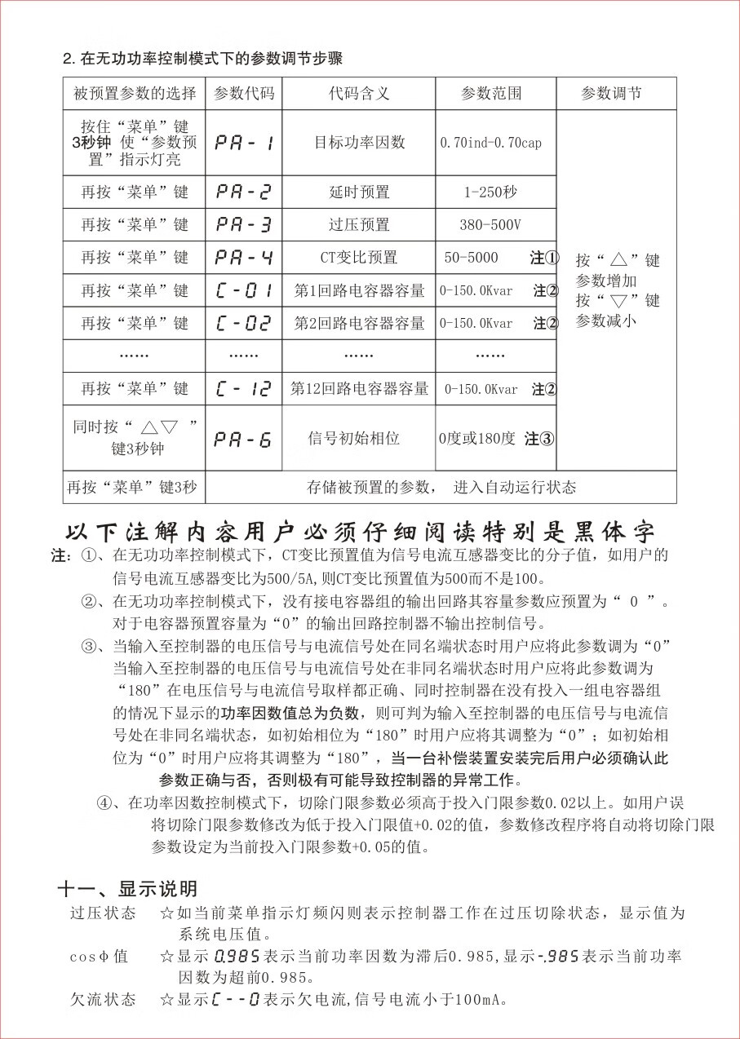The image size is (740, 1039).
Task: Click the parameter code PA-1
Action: click(x=243, y=143)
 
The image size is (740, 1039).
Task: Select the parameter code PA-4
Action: click(x=243, y=258)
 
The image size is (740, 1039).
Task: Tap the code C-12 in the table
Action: click(x=243, y=389)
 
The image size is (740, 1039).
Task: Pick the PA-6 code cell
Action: click(x=243, y=439)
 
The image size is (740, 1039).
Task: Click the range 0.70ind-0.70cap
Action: click(x=490, y=143)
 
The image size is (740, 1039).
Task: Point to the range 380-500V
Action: click(x=490, y=225)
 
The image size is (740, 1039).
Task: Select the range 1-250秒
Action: click(x=490, y=192)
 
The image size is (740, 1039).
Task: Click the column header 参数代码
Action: click(x=244, y=93)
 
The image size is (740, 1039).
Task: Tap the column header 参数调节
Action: click(x=611, y=93)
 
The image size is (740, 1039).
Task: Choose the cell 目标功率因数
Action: click(x=359, y=143)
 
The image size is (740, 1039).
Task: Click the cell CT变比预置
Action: click(x=359, y=258)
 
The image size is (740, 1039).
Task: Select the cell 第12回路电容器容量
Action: click(x=359, y=389)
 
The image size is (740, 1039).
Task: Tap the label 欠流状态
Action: click(x=103, y=999)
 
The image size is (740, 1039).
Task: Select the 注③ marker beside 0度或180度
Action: click(x=539, y=439)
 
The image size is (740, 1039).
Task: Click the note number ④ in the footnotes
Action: click(x=105, y=802)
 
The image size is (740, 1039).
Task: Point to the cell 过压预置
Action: click(x=359, y=225)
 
